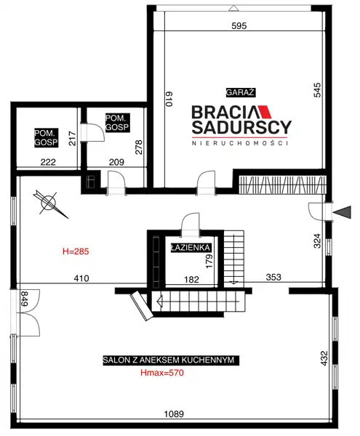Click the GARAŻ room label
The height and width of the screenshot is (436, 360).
(241, 92)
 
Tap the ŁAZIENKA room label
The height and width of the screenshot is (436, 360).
(191, 248)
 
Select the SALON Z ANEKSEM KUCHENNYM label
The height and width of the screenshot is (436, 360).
(169, 360)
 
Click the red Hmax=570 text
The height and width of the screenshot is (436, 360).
(162, 373)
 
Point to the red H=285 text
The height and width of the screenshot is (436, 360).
(76, 251)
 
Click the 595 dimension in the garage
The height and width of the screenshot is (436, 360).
(239, 26)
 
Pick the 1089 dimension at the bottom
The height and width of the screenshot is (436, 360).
(174, 414)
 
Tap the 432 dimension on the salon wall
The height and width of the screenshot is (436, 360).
(324, 358)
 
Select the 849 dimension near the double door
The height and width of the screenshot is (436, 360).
(25, 299)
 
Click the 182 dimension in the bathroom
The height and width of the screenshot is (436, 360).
(192, 280)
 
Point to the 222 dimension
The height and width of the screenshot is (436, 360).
(48, 162)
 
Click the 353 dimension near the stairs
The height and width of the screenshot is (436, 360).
(273, 278)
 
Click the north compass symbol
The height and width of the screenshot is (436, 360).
(49, 203)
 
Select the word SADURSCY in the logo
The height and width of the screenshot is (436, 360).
(241, 127)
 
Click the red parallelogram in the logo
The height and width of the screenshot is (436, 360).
(265, 112)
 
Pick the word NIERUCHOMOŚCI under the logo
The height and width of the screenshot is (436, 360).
(240, 143)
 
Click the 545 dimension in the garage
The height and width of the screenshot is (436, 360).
(317, 90)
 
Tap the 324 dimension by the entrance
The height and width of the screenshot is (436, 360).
(317, 241)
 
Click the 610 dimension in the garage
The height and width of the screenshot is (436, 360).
(169, 99)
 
